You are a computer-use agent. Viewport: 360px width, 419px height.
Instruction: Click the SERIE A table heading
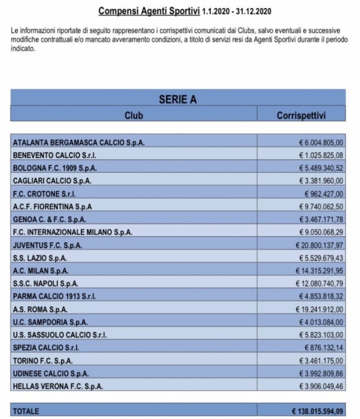[178, 100]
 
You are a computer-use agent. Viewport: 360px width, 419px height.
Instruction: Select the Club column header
[134, 115]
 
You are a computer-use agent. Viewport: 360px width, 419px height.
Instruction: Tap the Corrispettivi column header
[301, 115]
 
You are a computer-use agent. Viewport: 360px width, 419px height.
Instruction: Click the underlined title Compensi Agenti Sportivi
[149, 11]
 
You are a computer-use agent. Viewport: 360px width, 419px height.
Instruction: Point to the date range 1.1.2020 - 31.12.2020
[237, 12]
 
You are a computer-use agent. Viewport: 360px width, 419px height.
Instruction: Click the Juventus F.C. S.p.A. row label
[47, 245]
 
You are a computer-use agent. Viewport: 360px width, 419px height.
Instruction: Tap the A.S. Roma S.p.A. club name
[40, 309]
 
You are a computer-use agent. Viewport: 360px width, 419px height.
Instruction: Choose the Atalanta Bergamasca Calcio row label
[79, 143]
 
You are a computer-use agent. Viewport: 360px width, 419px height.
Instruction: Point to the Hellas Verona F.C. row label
[58, 386]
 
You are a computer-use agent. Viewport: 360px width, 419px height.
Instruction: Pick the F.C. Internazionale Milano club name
[72, 232]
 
